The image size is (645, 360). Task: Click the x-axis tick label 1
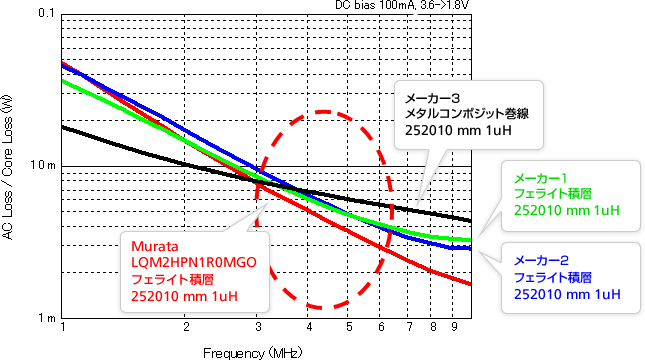pyautogui.click(x=63, y=327)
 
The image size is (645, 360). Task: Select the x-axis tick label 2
pyautogui.click(x=186, y=327)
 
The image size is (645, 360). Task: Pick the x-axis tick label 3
pyautogui.click(x=258, y=327)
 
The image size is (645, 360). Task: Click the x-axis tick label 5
pyautogui.click(x=349, y=327)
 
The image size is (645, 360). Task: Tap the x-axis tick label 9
pyautogui.click(x=453, y=327)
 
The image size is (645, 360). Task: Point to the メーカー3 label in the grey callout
pyautogui.click(x=431, y=98)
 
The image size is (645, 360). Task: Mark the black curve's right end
pyautogui.click(x=470, y=220)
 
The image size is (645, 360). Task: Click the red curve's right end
pyautogui.click(x=470, y=284)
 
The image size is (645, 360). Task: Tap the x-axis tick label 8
pyautogui.click(x=433, y=327)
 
